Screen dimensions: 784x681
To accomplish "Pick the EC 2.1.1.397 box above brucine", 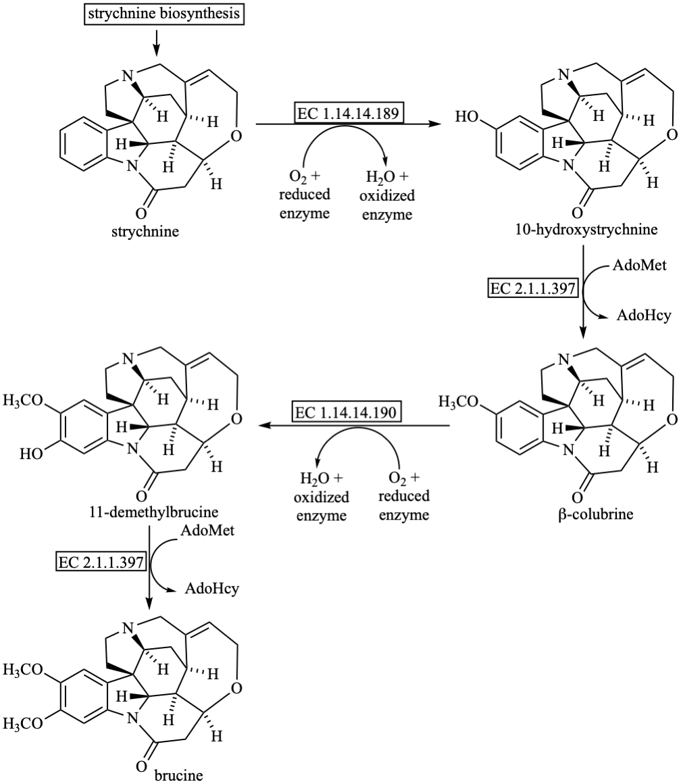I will (101, 562).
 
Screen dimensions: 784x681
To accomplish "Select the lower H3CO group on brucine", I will (23, 722).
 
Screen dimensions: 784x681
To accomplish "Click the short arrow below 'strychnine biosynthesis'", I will (157, 42).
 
